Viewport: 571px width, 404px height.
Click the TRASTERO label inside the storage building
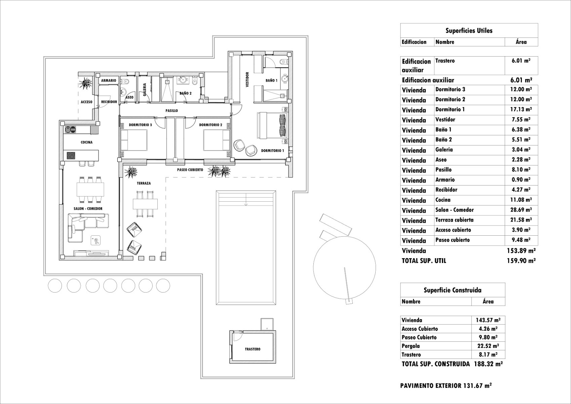click(x=252, y=349)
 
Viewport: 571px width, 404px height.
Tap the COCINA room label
click(x=86, y=142)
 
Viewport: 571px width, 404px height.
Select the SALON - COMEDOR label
click(x=88, y=208)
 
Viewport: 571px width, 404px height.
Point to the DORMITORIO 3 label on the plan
click(x=140, y=125)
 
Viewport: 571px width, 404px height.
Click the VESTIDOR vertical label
click(x=248, y=80)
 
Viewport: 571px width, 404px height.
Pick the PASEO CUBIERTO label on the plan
click(x=190, y=170)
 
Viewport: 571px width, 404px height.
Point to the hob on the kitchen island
click(x=71, y=156)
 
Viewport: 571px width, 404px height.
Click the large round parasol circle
click(x=344, y=268)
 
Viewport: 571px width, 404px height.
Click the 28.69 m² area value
click(x=521, y=210)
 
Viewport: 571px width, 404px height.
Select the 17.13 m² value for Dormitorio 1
click(x=521, y=109)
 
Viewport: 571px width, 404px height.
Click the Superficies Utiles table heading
click(x=469, y=31)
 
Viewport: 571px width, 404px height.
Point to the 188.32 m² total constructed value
click(x=488, y=364)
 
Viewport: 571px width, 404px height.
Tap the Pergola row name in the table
click(x=411, y=346)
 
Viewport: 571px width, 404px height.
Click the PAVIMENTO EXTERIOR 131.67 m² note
click(x=446, y=386)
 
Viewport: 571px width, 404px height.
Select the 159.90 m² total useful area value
click(x=521, y=260)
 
